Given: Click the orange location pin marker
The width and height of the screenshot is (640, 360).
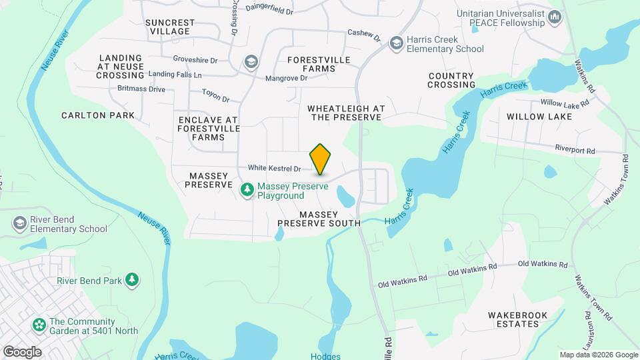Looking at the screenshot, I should pos(321,159).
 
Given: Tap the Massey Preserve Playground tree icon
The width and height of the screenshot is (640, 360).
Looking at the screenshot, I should pos(247,190).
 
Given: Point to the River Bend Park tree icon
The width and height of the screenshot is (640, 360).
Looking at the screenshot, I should pos(133,280).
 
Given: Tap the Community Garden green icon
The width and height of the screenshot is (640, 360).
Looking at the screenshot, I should pos(39,326).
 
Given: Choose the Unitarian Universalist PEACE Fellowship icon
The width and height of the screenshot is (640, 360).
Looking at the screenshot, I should pos(555,17).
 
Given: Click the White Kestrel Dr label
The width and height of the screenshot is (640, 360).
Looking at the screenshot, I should pos(275,169).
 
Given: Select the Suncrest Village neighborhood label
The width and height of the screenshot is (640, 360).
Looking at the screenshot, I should pos(170,27).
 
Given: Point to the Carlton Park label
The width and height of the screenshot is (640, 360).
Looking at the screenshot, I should pos(98,115).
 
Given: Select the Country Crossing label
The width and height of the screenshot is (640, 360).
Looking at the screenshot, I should pos(451,80).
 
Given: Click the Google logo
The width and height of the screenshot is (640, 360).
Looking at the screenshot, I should pos(22,351).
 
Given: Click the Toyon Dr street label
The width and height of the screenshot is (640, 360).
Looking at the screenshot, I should pos(215,95).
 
